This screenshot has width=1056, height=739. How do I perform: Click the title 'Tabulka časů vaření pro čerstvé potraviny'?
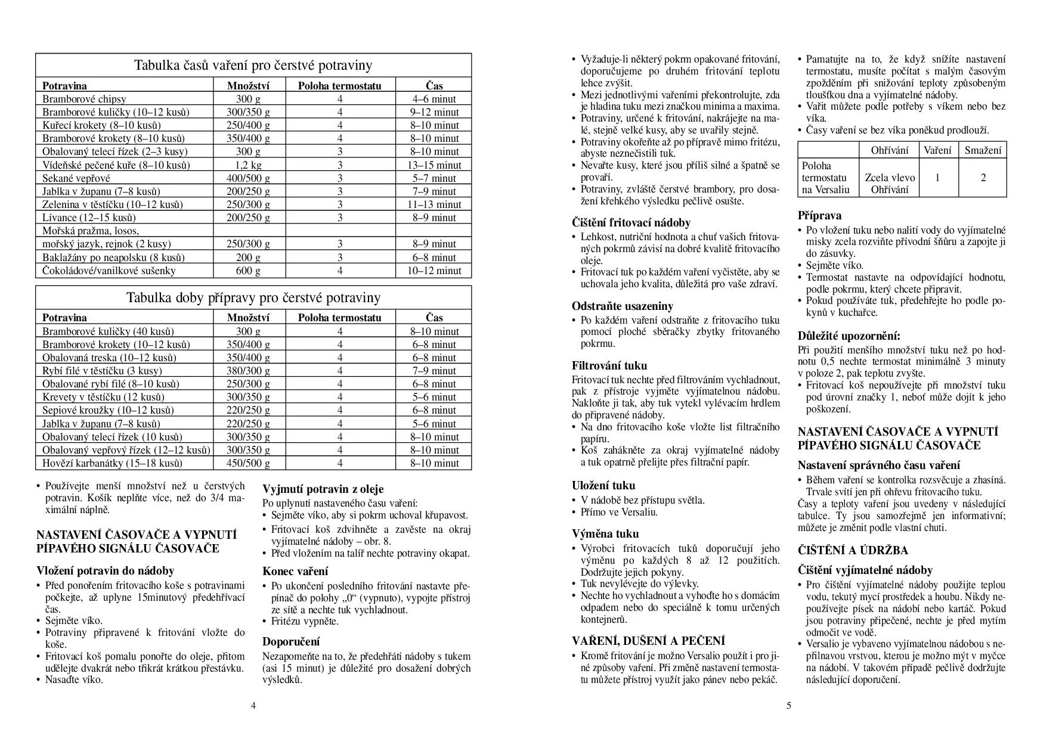(x=253, y=66)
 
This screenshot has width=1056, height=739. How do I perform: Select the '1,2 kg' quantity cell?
(x=248, y=165)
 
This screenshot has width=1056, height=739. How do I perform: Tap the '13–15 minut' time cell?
(x=435, y=165)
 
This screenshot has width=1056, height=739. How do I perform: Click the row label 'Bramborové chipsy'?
(x=84, y=99)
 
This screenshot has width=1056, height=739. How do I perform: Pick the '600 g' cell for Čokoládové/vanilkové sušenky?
(x=248, y=271)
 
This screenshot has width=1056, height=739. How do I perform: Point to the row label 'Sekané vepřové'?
(x=76, y=178)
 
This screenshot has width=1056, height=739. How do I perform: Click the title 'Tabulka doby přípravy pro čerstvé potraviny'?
(x=253, y=298)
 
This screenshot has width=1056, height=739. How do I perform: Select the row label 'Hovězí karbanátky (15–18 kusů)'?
(x=112, y=463)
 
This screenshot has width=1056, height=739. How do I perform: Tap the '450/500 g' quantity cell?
(x=248, y=463)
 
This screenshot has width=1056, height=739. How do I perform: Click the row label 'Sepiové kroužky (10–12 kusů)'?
(x=108, y=410)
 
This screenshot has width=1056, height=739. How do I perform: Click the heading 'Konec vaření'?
(x=295, y=571)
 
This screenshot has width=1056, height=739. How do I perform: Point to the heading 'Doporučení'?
(x=291, y=641)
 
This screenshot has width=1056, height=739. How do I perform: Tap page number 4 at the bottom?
(x=253, y=706)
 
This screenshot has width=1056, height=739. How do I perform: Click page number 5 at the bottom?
(x=788, y=706)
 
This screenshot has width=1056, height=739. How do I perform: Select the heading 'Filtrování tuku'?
(x=609, y=366)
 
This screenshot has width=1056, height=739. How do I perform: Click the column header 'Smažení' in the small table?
(x=983, y=150)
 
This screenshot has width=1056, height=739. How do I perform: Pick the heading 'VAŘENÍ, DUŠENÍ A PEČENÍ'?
(x=648, y=641)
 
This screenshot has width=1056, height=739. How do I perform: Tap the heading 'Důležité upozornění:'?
(x=849, y=336)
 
